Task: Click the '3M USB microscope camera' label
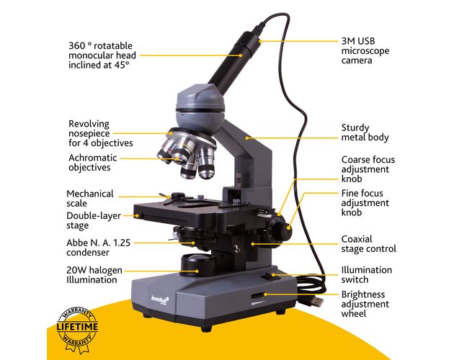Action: [365, 50]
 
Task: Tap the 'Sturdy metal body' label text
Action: [365, 132]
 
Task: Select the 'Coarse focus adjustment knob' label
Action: [368, 169]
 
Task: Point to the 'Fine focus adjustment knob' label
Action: [365, 203]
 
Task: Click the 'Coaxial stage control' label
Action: [368, 244]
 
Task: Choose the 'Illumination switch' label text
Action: [367, 274]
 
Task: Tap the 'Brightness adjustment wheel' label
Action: [365, 304]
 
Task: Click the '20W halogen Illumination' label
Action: [94, 275]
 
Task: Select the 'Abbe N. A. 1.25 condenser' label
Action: [99, 248]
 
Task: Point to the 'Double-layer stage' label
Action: [94, 220]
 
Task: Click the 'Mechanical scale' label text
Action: [90, 199]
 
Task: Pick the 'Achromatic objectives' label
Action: [93, 163]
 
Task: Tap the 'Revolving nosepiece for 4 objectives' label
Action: [101, 133]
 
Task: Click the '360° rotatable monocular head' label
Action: [102, 55]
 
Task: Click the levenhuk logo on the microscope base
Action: [160, 300]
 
